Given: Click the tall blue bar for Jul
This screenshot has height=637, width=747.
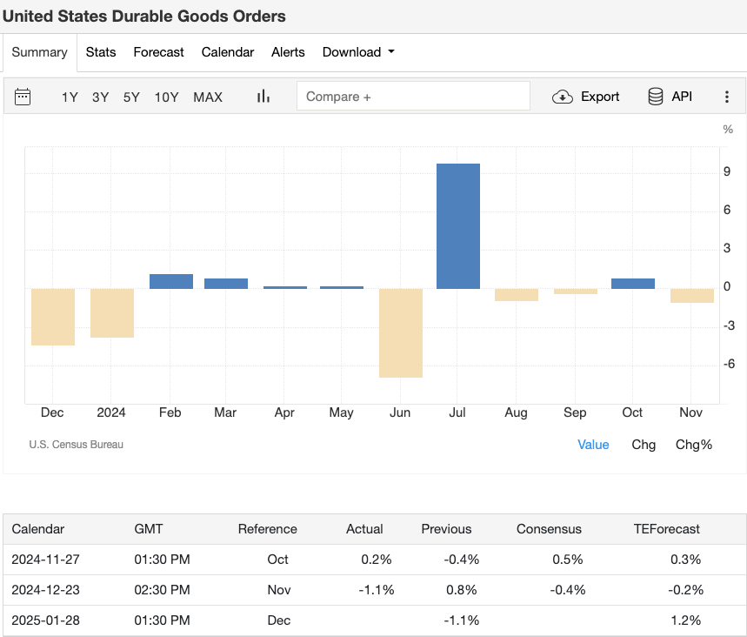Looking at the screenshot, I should coord(457,226).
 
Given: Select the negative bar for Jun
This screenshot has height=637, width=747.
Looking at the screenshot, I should coord(401,332).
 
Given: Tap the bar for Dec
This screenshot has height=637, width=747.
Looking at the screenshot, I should coord(53,317).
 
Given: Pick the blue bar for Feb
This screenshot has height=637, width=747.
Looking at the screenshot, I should coord(171,281).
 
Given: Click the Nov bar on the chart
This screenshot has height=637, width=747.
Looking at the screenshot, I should coord(692,296).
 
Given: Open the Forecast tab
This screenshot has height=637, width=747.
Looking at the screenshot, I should coord(158,52).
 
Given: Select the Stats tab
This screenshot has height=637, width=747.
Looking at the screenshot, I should coord(101,52).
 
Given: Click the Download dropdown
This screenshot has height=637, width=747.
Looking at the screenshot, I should coord(357,52).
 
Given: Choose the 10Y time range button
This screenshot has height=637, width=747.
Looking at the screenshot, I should coord(166,97).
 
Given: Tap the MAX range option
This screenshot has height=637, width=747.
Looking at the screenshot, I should coord(208,97).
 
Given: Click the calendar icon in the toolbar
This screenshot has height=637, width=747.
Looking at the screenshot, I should coord(23,97).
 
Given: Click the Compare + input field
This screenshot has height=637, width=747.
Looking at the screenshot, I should coord(413,97).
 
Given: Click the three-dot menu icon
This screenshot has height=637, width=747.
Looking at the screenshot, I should coord(727,97).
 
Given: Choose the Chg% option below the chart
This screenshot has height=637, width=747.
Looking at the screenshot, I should coord(693,445).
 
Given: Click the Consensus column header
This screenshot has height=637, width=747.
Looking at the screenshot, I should coord(549,529).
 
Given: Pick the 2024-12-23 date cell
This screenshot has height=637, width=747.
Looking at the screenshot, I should coord(45,590).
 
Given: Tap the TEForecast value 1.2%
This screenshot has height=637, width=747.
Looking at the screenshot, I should coord(685,620).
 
